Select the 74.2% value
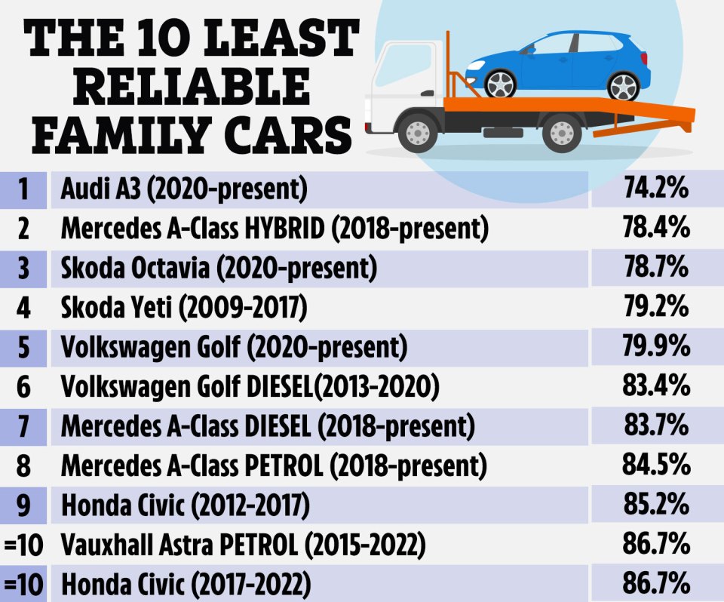click(x=656, y=189)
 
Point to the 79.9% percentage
click(x=656, y=346)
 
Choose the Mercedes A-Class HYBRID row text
click(x=275, y=229)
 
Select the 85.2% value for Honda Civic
click(x=656, y=505)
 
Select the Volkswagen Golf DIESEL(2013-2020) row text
click(x=250, y=387)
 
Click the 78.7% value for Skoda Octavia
click(x=656, y=268)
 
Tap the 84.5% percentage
click(x=656, y=465)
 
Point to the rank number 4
click(x=23, y=308)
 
